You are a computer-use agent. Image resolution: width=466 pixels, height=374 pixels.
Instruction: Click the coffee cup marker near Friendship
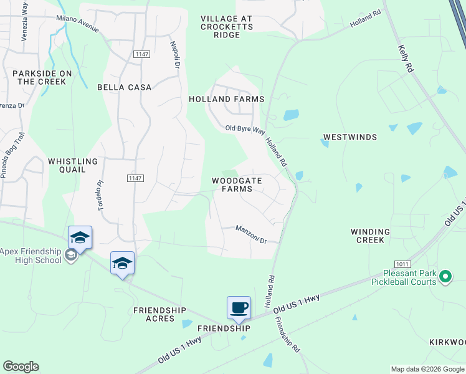[x=239, y=307]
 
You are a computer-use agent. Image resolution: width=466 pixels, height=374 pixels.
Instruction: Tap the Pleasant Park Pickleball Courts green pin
[x=445, y=276]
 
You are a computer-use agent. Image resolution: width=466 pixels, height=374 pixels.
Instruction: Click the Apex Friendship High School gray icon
[x=70, y=254]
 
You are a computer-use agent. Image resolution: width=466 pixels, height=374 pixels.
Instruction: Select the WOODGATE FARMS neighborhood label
[x=235, y=185]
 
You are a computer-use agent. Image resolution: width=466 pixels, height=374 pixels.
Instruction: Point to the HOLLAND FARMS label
[x=227, y=99]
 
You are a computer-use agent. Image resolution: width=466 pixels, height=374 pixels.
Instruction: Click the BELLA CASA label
[x=125, y=87]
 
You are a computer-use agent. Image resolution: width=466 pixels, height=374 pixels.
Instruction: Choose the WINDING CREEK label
[x=370, y=236]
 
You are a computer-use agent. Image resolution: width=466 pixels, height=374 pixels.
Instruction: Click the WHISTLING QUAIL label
[x=73, y=165]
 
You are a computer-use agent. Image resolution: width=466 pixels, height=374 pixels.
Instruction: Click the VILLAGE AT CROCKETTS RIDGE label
[x=227, y=27]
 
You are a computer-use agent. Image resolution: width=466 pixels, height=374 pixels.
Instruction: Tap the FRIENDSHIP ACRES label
[x=159, y=314]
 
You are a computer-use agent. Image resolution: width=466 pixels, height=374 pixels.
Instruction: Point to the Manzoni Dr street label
[x=251, y=235]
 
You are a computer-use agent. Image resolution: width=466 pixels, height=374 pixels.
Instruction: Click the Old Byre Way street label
[x=245, y=129]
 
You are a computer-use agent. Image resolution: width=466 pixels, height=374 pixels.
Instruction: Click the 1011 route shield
[x=402, y=264]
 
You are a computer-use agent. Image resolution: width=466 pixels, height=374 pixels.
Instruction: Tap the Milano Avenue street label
[x=78, y=22]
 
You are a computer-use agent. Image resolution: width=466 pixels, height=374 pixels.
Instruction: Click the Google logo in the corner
[x=21, y=366]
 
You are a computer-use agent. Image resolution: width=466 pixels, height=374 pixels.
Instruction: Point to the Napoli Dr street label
[x=175, y=55]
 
